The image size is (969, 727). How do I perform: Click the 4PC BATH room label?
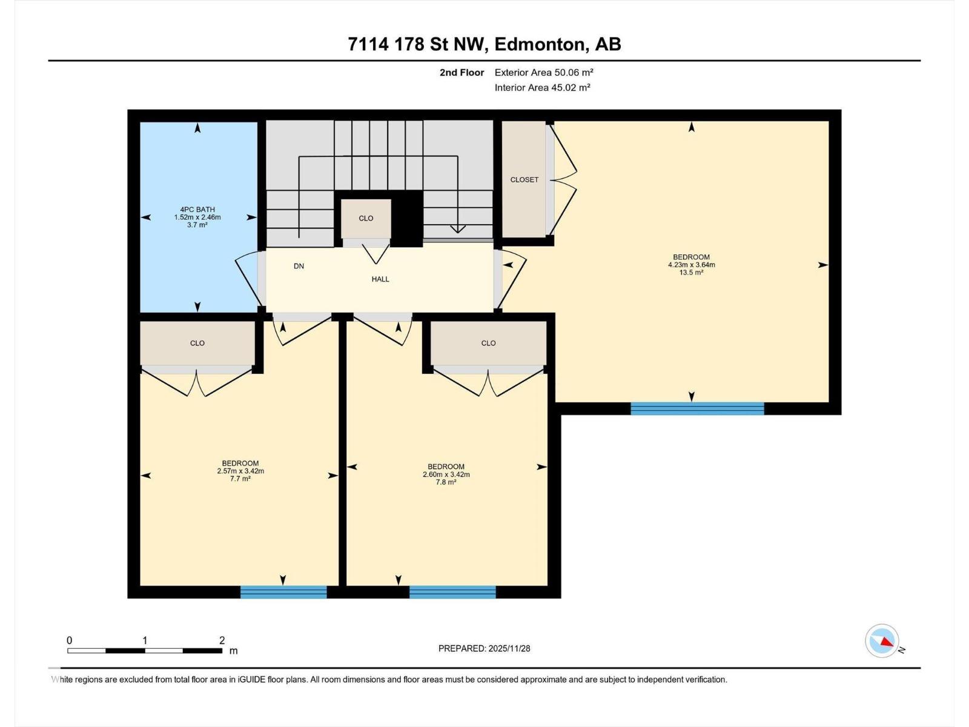pyautogui.click(x=197, y=210)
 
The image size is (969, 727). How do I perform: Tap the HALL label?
pyautogui.click(x=380, y=279)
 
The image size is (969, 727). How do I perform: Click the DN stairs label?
pyautogui.click(x=299, y=266)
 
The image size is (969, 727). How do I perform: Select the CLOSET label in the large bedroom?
pyautogui.click(x=524, y=180)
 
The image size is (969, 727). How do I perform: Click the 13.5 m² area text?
pyautogui.click(x=691, y=273)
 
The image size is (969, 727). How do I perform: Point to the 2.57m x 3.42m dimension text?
pyautogui.click(x=240, y=471)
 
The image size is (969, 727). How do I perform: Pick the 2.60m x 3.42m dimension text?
pyautogui.click(x=446, y=474)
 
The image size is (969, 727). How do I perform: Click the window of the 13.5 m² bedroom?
pyautogui.click(x=697, y=408)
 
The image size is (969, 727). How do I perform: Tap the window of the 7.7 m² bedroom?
pyautogui.click(x=283, y=592)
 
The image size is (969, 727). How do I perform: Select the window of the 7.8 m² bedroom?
pyautogui.click(x=452, y=592)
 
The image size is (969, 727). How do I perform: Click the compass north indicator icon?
pyautogui.click(x=882, y=641)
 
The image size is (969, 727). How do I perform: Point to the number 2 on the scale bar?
pyautogui.click(x=222, y=640)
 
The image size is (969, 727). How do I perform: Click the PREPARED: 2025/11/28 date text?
pyautogui.click(x=484, y=648)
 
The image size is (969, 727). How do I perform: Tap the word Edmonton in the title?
pyautogui.click(x=540, y=44)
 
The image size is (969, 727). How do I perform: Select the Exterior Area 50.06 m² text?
pyautogui.click(x=544, y=72)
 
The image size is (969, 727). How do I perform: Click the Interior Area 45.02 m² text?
pyautogui.click(x=542, y=87)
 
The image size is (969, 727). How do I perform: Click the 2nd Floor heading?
pyautogui.click(x=461, y=73)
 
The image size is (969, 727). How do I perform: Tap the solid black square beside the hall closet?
pyautogui.click(x=407, y=218)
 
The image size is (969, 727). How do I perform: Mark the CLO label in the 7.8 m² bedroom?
pyautogui.click(x=488, y=343)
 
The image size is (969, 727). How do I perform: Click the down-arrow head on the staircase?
pyautogui.click(x=458, y=229)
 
